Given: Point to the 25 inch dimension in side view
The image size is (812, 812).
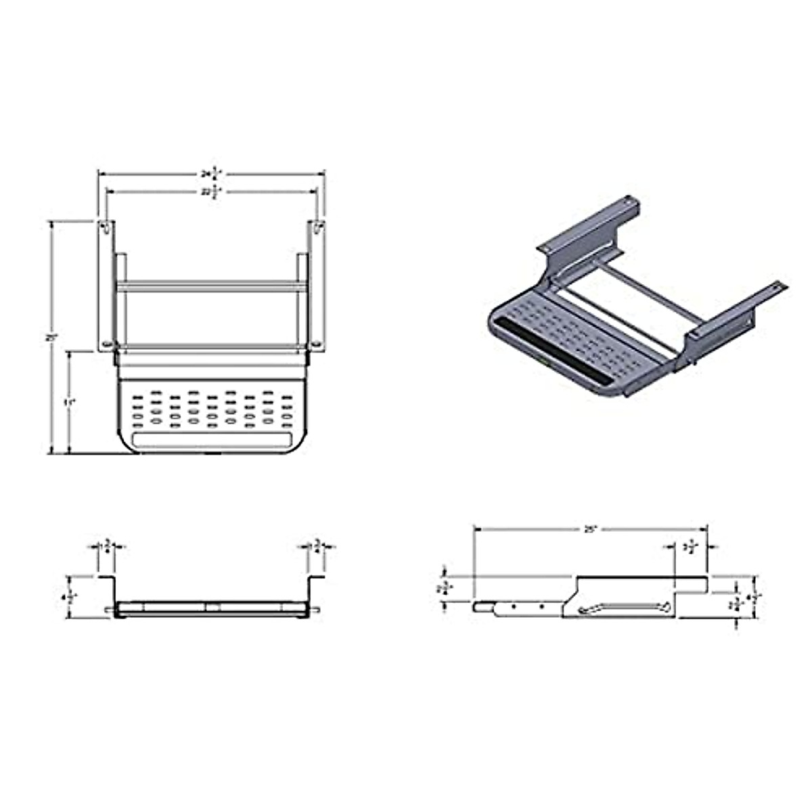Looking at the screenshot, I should tap(590, 530).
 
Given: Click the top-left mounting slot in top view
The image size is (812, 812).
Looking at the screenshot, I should tap(106, 229).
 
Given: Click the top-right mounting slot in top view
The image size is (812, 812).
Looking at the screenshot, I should tap(319, 227).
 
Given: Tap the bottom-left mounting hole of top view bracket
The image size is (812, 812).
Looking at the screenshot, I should tap(106, 345).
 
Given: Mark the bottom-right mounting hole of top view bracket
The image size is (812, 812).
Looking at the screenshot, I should tap(318, 345).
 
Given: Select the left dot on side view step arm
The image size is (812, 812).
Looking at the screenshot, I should tap(514, 607).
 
